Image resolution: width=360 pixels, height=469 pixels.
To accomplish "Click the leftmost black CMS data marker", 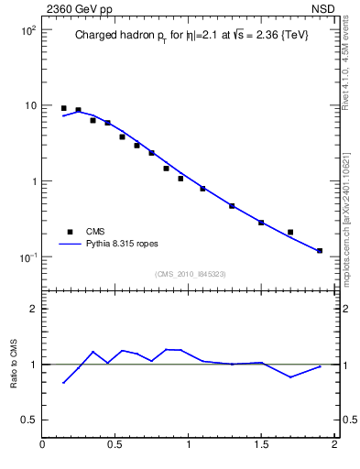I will (63, 108).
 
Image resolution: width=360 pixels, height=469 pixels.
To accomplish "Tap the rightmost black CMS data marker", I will (320, 250).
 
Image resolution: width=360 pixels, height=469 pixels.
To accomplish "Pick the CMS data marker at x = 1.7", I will (290, 232).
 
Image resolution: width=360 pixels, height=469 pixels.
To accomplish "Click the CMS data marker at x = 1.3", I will (232, 206).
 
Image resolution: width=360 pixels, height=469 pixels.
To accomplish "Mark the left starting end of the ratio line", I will (63, 383).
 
